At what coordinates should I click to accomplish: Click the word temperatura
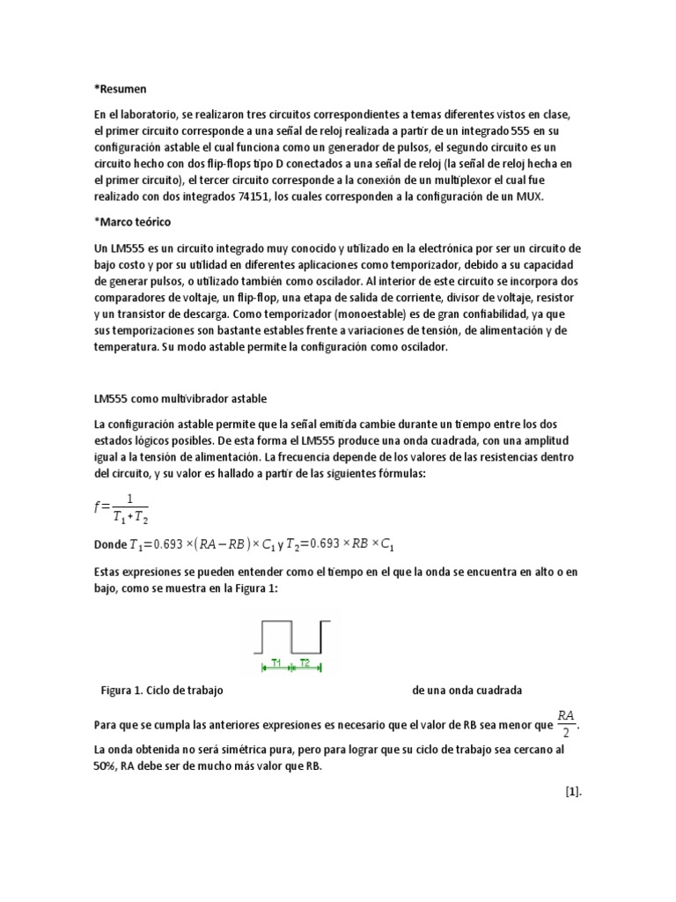point(125,348)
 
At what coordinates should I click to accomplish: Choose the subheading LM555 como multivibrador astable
point(180,399)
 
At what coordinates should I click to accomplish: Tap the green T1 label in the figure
point(276,662)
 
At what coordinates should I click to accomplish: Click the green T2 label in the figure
point(305,662)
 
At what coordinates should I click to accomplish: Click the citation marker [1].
point(574,792)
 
